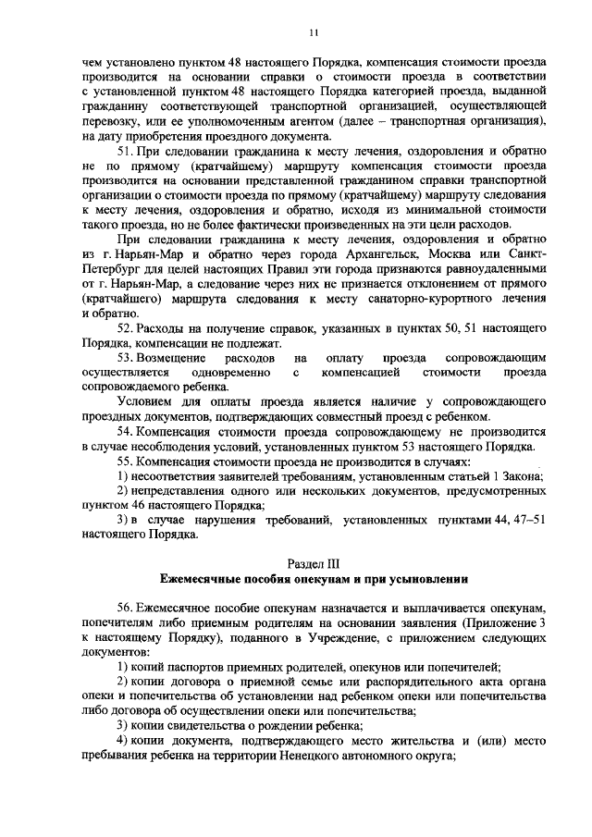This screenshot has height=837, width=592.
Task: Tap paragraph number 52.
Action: pyautogui.click(x=128, y=330)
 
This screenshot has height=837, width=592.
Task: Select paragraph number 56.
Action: pyautogui.click(x=128, y=608)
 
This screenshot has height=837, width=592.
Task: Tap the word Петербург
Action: pyautogui.click(x=113, y=269)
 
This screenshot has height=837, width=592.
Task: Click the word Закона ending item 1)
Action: pyautogui.click(x=523, y=475)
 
